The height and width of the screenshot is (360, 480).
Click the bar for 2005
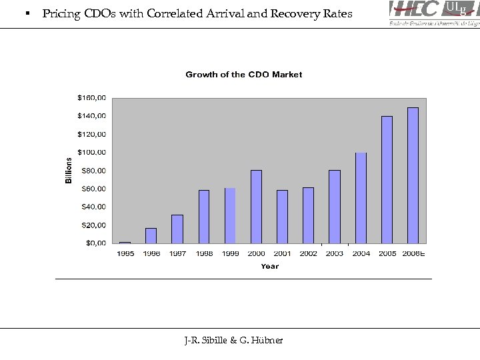387,179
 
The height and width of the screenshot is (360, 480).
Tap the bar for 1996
151,236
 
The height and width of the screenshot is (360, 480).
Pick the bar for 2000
256,207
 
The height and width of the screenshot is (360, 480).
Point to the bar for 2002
308,215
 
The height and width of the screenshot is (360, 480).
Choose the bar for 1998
204,217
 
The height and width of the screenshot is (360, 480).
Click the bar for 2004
361,198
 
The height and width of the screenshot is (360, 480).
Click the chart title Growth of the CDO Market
243,75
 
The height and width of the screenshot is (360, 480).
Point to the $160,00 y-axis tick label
91,97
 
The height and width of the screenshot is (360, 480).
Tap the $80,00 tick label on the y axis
93,171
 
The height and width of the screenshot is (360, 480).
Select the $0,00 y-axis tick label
95,243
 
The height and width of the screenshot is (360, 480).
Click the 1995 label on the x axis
125,254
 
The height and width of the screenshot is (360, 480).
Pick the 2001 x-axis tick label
282,254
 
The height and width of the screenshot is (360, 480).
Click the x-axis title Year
270,266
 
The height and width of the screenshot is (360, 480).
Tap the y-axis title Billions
69,171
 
